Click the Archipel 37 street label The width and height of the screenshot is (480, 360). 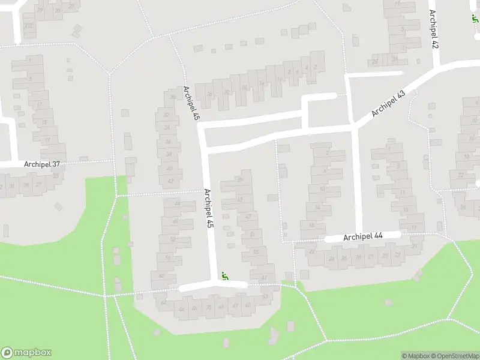tap(41, 164)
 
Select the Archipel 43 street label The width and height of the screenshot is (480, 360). tap(388, 103)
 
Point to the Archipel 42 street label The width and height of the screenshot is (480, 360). tap(434, 29)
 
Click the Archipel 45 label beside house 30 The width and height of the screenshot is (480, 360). tap(191, 103)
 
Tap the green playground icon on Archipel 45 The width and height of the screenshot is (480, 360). tap(226, 276)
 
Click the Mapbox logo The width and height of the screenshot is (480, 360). tap(26, 353)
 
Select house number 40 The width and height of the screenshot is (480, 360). tap(170, 169)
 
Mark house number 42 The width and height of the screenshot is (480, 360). tap(171, 181)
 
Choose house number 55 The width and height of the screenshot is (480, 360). tap(256, 252)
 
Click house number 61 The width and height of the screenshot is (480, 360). tap(265, 278)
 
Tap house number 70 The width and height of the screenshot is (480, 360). tap(208, 308)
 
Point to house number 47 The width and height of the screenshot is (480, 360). tap(248, 216)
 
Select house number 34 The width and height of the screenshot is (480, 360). tap(167, 128)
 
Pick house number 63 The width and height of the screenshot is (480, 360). tap(265, 296)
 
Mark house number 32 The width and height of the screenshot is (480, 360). tap(166, 115)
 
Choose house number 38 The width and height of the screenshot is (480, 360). tap(169, 155)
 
